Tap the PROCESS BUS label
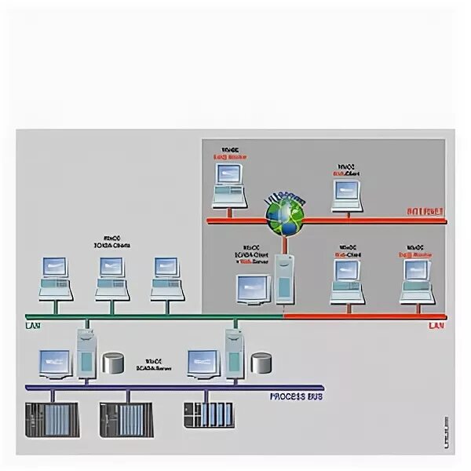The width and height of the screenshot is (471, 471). [x=298, y=396]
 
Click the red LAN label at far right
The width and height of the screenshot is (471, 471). [x=436, y=325]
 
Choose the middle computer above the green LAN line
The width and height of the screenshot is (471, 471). [x=111, y=277]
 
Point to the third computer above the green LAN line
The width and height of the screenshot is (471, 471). [x=166, y=277]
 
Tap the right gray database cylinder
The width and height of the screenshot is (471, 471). [x=261, y=363]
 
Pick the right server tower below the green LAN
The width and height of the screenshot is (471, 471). [x=234, y=355]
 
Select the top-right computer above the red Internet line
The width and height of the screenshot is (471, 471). [x=345, y=195]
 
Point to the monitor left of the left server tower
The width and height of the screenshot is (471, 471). [x=56, y=364]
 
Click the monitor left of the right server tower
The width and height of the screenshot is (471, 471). [x=203, y=364]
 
